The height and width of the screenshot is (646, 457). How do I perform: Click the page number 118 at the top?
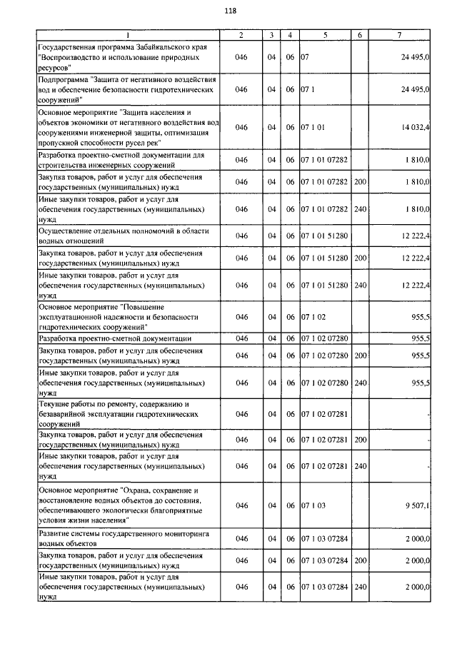tap(230, 11)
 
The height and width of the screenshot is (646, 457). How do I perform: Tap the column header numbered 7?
tap(400, 35)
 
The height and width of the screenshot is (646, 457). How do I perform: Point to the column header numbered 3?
tap(271, 35)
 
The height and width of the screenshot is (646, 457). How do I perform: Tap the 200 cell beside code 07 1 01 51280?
tap(360, 257)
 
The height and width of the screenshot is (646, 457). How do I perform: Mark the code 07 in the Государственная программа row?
tap(304, 56)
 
